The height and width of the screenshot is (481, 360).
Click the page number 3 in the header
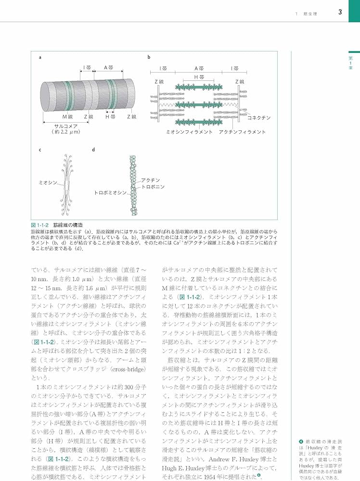[x=340, y=12]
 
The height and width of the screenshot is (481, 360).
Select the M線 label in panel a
[x=67, y=116]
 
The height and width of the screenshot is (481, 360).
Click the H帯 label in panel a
[x=110, y=116]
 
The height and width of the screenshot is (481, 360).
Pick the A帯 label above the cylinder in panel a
[x=109, y=67]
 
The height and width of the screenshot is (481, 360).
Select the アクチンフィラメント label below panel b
[x=242, y=131]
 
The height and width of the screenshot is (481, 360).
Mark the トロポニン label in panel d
[x=153, y=187]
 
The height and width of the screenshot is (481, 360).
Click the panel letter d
[x=93, y=150]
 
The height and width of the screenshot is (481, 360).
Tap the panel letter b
[x=149, y=57]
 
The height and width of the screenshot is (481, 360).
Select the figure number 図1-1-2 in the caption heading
[x=40, y=225]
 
